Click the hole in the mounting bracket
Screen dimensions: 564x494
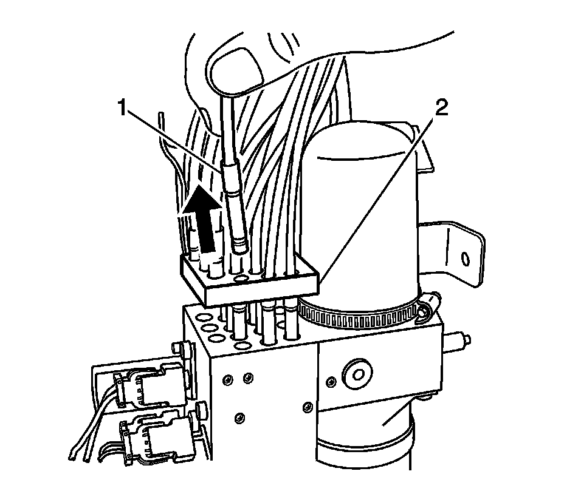pos(466,259)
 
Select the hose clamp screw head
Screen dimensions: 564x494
pos(430,302)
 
